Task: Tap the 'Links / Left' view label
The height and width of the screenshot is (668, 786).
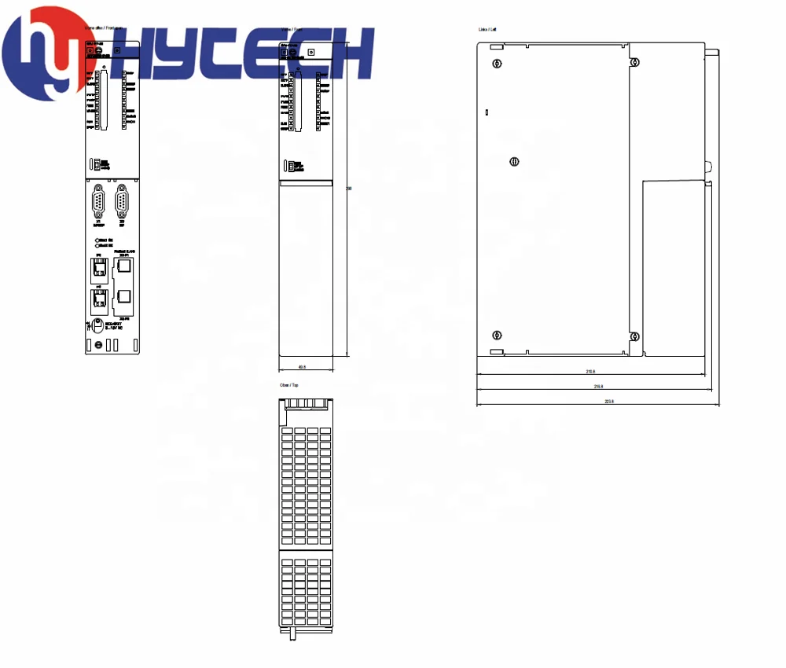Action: coord(488,29)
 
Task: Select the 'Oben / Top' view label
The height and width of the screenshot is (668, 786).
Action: coord(289,385)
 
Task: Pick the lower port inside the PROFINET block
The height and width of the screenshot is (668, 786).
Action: coord(124,296)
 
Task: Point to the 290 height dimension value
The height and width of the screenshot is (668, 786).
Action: coord(348,188)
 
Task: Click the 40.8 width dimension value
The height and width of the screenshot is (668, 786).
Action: coord(302,366)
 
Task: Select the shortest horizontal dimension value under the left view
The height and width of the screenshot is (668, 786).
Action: coord(590,372)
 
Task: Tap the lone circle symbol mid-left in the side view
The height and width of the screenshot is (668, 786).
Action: coord(514,162)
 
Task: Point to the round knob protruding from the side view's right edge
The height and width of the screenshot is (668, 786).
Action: coord(708,167)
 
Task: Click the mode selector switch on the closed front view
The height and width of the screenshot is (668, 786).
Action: coord(289,165)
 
